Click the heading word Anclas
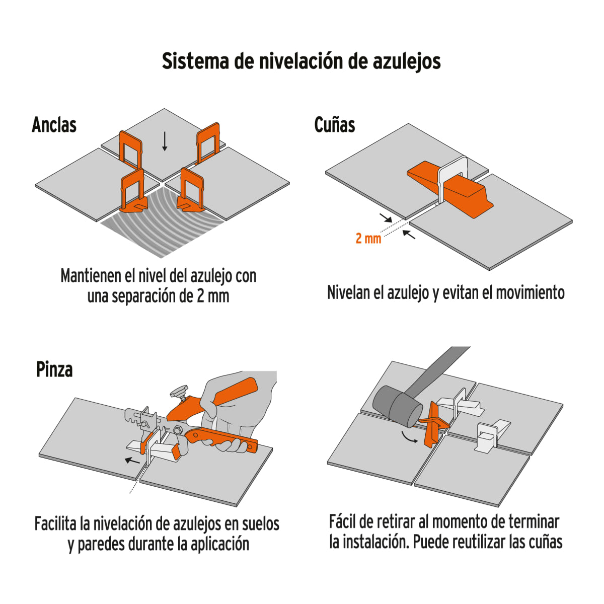(x=54, y=125)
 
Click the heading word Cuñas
(x=335, y=125)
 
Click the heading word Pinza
(x=54, y=369)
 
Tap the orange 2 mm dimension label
(x=368, y=239)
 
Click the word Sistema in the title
(x=195, y=61)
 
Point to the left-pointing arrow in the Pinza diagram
(x=132, y=460)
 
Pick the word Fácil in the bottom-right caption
(x=343, y=521)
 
